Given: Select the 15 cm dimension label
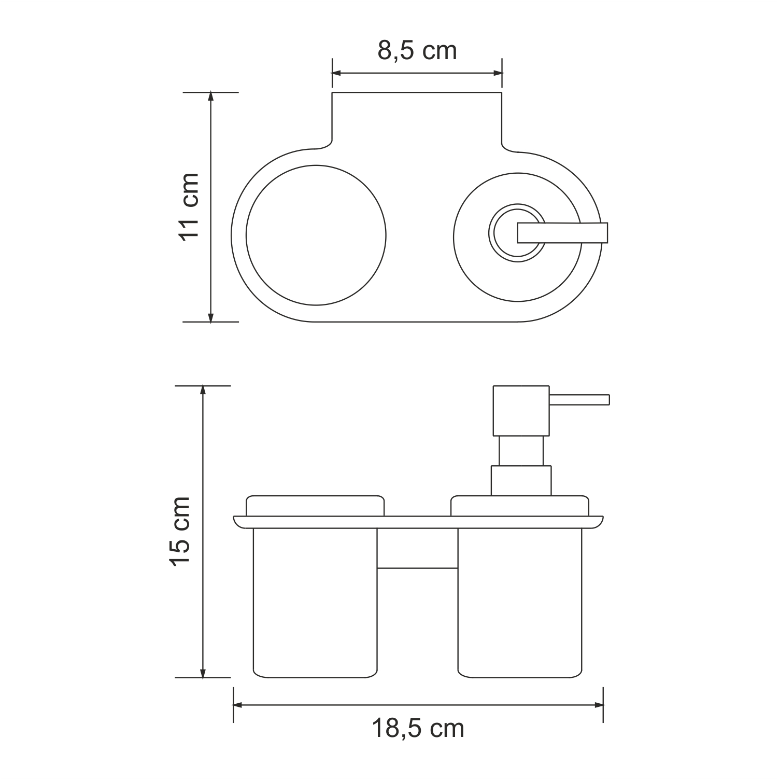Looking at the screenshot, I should pyautogui.click(x=181, y=531).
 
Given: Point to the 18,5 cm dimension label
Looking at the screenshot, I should pyautogui.click(x=418, y=729).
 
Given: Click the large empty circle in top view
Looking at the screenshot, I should pyautogui.click(x=316, y=234).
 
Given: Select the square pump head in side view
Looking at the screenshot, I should pyautogui.click(x=520, y=410).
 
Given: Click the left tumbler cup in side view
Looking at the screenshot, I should pyautogui.click(x=315, y=602).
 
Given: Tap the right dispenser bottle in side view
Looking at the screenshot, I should pyautogui.click(x=520, y=602).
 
